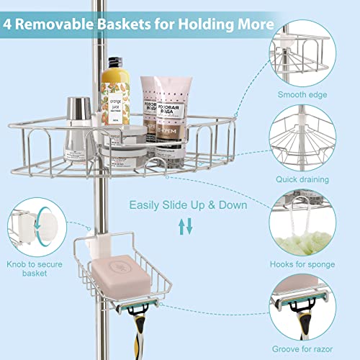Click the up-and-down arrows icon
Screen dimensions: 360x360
click(186, 228)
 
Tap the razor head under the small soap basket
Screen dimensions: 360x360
click(130, 306)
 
